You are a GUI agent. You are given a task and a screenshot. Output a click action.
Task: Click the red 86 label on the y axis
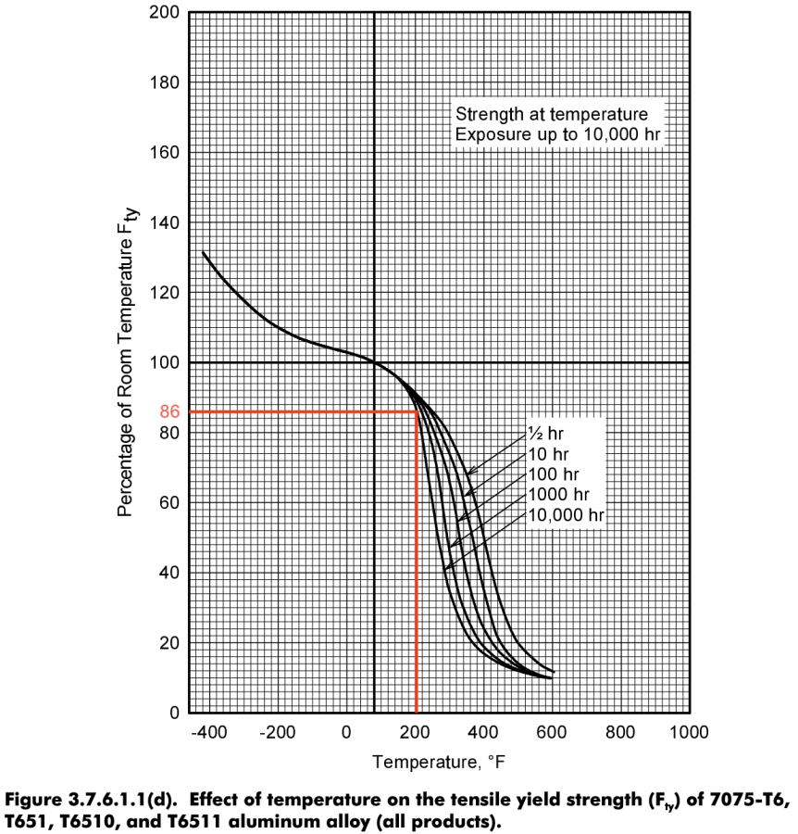(x=169, y=411)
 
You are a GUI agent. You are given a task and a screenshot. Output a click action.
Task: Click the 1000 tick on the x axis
(x=690, y=733)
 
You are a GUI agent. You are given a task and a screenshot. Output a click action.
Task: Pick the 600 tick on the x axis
(x=553, y=733)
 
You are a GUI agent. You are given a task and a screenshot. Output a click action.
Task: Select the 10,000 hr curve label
(x=565, y=514)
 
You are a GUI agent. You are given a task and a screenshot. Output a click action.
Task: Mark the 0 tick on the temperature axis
(x=346, y=733)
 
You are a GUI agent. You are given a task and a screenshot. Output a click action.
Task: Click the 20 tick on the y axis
(x=168, y=643)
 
